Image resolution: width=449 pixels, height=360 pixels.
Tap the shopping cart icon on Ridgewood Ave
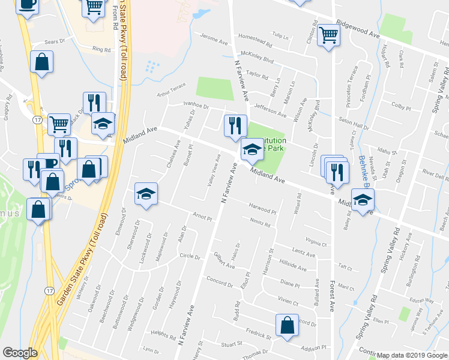tap(329, 35)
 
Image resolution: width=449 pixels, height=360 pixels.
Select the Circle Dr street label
tap(189, 257)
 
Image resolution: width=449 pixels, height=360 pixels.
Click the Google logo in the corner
tap(20, 353)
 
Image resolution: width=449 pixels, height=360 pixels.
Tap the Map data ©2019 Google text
tap(412, 355)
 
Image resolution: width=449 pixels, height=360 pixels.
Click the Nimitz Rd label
tap(259, 224)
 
